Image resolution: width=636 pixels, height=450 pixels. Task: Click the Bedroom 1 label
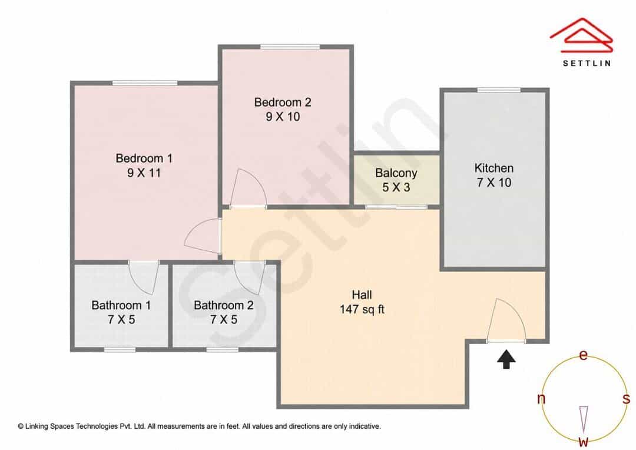(144, 158)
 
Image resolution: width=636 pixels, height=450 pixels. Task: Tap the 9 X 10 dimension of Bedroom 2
(283, 117)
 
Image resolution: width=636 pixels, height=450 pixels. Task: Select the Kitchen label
(494, 168)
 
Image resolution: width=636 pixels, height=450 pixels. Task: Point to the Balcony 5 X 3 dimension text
(396, 187)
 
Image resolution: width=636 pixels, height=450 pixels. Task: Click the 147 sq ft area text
(362, 310)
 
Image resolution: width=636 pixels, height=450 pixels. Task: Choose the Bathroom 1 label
(121, 305)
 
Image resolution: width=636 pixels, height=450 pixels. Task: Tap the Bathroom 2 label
(224, 305)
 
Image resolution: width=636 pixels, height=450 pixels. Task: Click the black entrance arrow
(506, 359)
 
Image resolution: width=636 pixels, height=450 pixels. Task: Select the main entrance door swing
(506, 320)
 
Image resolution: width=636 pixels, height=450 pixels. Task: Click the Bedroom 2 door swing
(248, 188)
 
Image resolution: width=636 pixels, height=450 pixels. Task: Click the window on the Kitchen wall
(499, 90)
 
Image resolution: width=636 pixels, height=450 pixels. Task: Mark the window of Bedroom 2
(290, 47)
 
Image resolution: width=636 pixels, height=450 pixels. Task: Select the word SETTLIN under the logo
(587, 63)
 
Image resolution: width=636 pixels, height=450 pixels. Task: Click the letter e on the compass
(583, 355)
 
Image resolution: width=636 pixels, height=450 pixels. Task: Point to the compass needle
(584, 419)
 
